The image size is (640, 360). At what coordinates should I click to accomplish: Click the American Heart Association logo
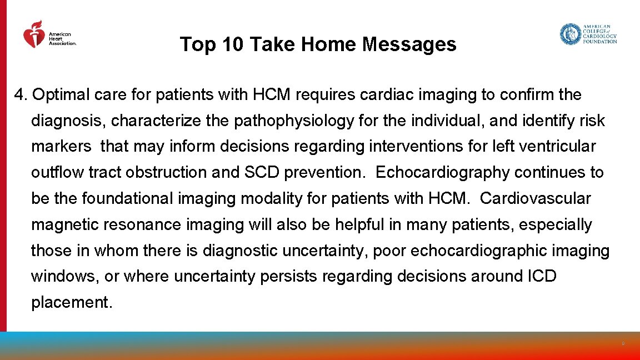click(49, 36)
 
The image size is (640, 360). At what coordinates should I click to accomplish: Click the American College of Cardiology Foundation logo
click(588, 34)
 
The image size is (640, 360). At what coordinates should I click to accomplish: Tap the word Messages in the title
click(409, 44)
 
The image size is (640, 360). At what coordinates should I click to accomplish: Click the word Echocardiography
click(443, 173)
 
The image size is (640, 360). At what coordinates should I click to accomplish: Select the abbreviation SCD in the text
click(262, 173)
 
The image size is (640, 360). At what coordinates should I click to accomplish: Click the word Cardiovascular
click(536, 198)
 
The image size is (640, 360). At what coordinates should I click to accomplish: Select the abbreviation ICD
click(540, 276)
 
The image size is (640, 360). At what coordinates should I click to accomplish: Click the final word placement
click(72, 302)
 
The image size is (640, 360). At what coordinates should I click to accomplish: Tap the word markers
click(61, 147)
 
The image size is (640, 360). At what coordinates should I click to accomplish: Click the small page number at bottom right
click(623, 344)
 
